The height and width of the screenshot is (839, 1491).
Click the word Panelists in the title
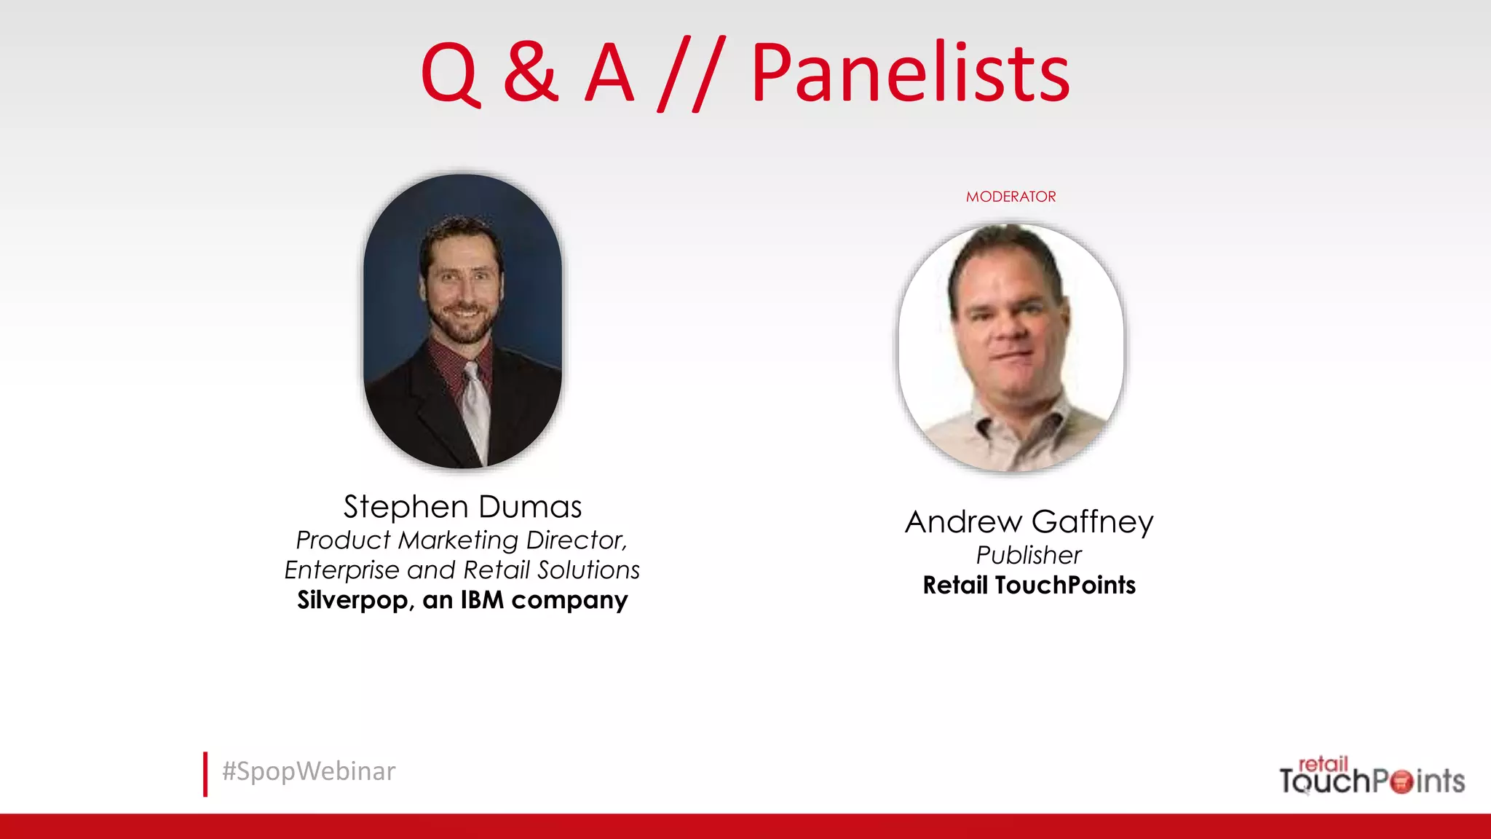point(910,73)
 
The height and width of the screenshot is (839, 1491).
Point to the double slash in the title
point(692,74)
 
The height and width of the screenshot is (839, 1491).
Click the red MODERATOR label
point(1011,197)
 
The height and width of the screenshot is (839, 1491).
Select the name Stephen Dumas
point(462,507)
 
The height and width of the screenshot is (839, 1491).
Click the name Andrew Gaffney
point(1029,522)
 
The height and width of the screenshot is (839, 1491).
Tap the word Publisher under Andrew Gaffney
point(1029,556)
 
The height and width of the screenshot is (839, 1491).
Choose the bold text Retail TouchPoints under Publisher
point(1029,586)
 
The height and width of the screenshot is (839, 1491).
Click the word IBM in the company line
point(482,600)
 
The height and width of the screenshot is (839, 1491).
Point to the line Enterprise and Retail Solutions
point(462,570)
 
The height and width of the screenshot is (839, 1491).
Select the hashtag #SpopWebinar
point(309,771)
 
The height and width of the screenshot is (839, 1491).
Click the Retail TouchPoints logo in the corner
point(1372,776)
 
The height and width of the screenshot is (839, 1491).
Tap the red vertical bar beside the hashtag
point(205,774)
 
